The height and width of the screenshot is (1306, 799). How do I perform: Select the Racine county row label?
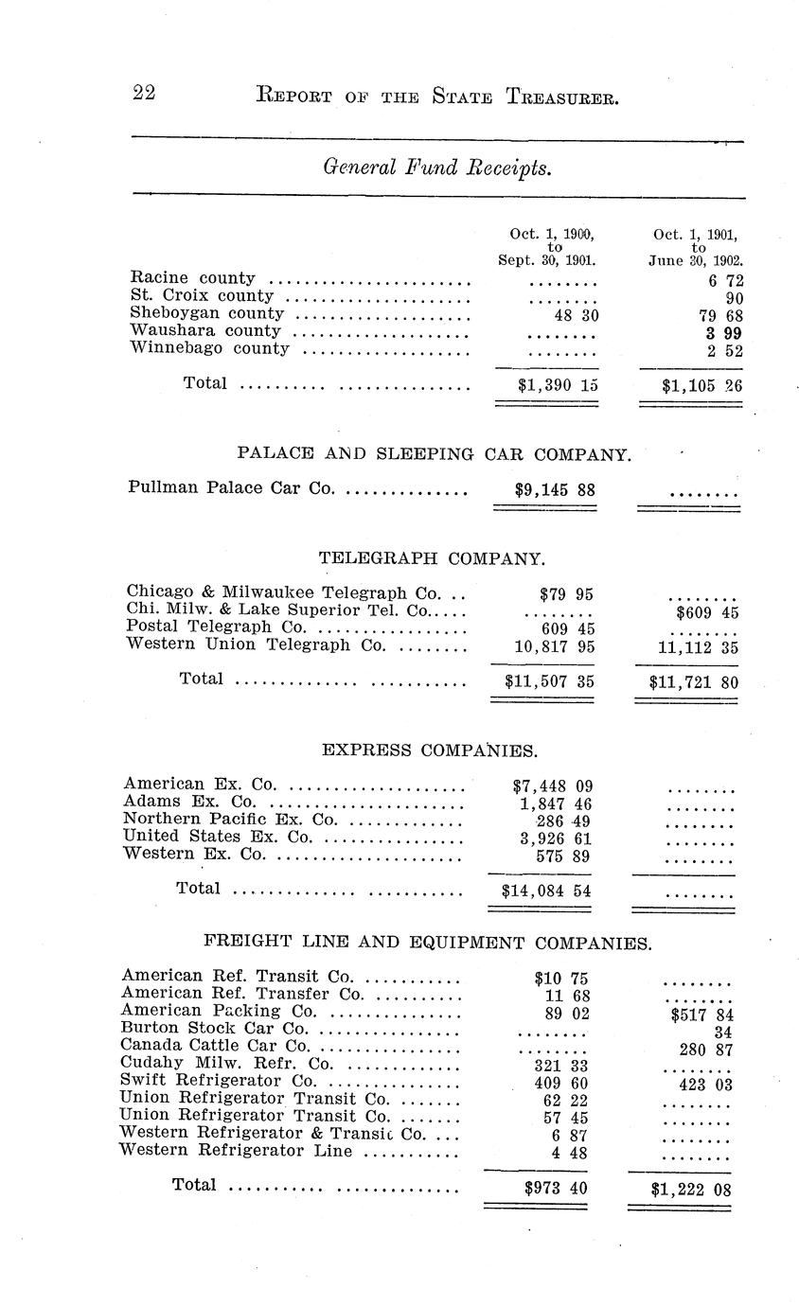pos(192,278)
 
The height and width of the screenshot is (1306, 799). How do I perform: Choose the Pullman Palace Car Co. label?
pos(230,489)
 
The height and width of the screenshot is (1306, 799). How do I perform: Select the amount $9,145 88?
pos(548,490)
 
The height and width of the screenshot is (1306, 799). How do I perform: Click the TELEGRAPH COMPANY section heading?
pos(432,558)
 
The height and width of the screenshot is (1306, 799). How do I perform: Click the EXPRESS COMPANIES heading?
pos(430,750)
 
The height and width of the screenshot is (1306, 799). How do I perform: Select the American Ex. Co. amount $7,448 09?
pos(546,785)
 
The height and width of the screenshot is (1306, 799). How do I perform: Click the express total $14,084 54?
pos(546,891)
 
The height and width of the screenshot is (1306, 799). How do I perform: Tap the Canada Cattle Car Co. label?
pos(216,1046)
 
